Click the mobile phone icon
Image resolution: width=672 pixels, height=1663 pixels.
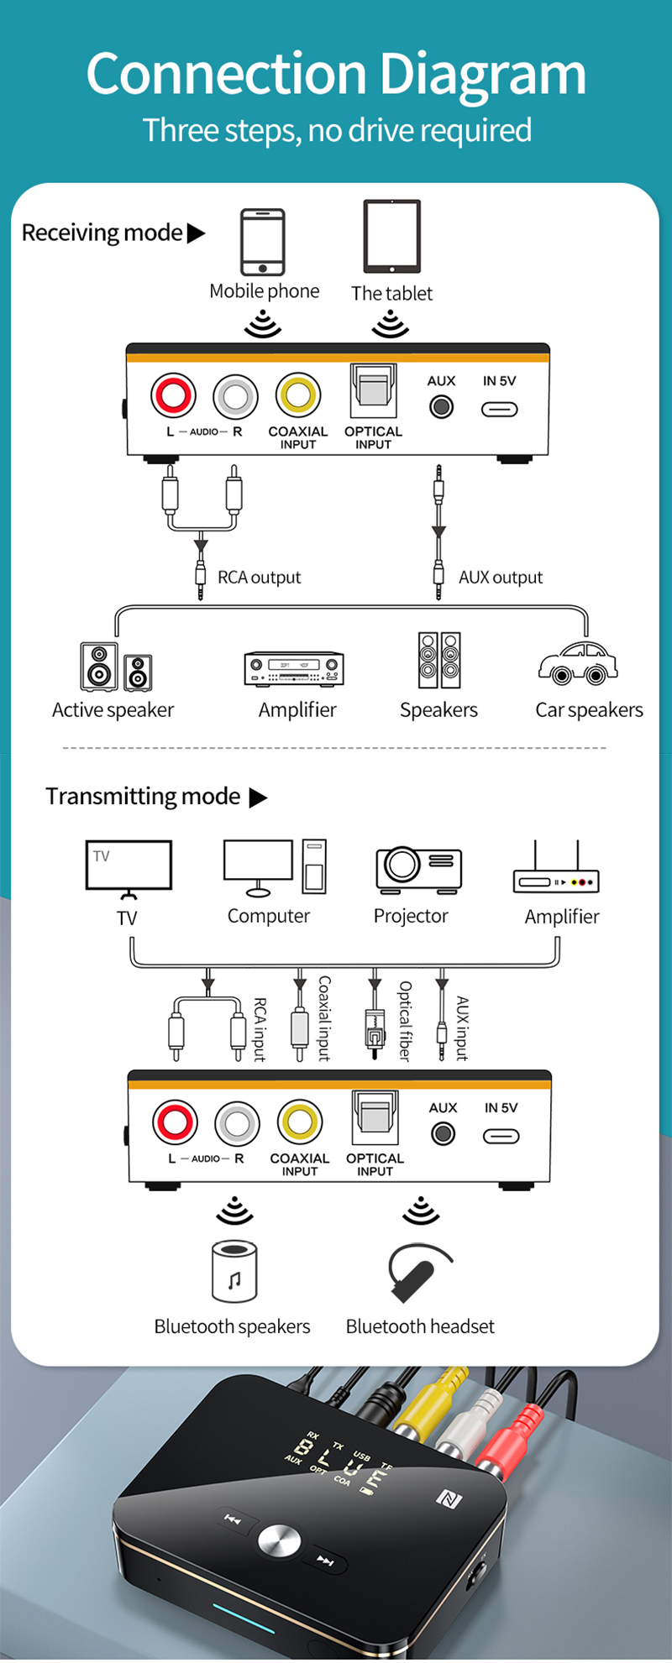[263, 242]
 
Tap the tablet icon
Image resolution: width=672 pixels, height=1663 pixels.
[391, 237]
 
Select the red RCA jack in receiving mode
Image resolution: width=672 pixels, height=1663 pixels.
[173, 395]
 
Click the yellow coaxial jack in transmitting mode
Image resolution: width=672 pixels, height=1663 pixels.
[300, 1122]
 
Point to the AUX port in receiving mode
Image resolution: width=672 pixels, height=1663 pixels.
[441, 407]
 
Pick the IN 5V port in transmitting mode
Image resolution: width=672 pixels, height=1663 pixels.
[501, 1136]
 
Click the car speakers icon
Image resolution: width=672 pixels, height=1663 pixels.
[578, 663]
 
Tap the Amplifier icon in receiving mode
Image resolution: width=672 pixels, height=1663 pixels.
[294, 668]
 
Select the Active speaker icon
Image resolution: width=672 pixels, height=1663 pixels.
[115, 667]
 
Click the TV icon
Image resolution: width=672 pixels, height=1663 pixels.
[129, 867]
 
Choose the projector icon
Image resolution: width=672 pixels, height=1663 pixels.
[417, 869]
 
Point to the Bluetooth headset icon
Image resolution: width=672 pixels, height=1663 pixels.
[417, 1271]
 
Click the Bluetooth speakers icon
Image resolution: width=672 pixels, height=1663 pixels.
[234, 1271]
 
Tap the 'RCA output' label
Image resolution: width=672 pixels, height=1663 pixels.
[259, 578]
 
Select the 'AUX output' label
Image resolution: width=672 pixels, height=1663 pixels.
[501, 578]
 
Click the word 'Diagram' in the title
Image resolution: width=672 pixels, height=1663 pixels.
[482, 76]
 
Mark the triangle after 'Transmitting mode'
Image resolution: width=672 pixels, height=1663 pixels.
[258, 798]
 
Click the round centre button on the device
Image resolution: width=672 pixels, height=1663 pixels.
[279, 1540]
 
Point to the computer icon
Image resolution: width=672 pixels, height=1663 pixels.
[274, 868]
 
